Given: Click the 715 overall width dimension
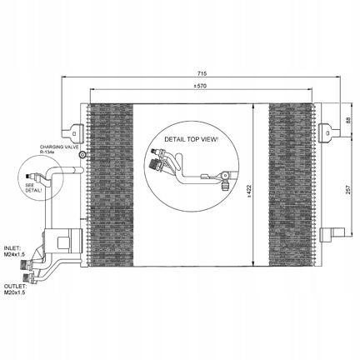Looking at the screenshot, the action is (x=202, y=73).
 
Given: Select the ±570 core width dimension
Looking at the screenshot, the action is (x=201, y=86).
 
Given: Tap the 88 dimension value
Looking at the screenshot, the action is (x=349, y=120).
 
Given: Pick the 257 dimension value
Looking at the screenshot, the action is (x=349, y=189).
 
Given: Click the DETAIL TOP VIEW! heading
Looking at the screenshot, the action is (x=192, y=139).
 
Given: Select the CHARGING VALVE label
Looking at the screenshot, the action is (x=59, y=147).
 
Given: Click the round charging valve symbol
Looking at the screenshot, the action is (x=82, y=155).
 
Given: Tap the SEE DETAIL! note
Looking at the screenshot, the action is (x=33, y=188).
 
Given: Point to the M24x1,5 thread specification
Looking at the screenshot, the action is (x=15, y=254).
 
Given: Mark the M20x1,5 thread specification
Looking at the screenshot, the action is (x=15, y=292).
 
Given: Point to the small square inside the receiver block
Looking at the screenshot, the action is (x=63, y=242).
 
